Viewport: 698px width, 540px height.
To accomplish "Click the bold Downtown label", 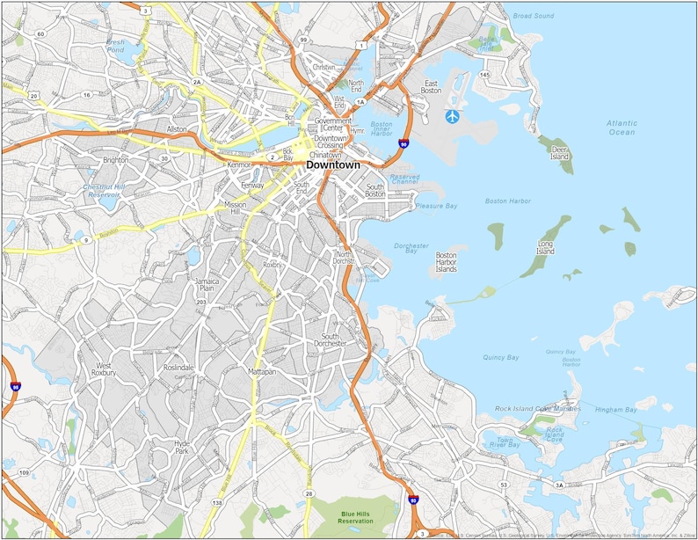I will click(332, 164).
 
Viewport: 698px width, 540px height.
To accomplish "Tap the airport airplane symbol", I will click(453, 116).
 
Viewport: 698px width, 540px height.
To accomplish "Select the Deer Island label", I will click(560, 153).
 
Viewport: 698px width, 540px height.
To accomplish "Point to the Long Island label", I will click(545, 247).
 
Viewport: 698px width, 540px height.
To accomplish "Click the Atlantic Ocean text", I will click(621, 128).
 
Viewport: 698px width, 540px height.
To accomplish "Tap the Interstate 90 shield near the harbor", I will click(404, 142).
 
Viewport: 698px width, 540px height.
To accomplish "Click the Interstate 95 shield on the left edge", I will click(16, 387).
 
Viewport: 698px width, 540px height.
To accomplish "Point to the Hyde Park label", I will click(182, 448).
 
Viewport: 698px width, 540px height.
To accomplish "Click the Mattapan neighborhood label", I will click(261, 372).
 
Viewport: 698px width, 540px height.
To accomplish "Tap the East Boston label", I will click(431, 86).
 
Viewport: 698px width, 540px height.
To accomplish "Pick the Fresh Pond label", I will click(115, 46).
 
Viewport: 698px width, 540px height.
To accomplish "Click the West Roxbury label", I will click(104, 369).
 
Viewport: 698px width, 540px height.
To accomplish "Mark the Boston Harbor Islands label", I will click(447, 262).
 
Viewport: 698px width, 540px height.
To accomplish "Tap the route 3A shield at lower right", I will click(559, 485).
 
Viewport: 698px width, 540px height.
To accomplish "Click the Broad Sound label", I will click(533, 16).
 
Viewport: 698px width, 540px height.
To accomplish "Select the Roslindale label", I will click(178, 368).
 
